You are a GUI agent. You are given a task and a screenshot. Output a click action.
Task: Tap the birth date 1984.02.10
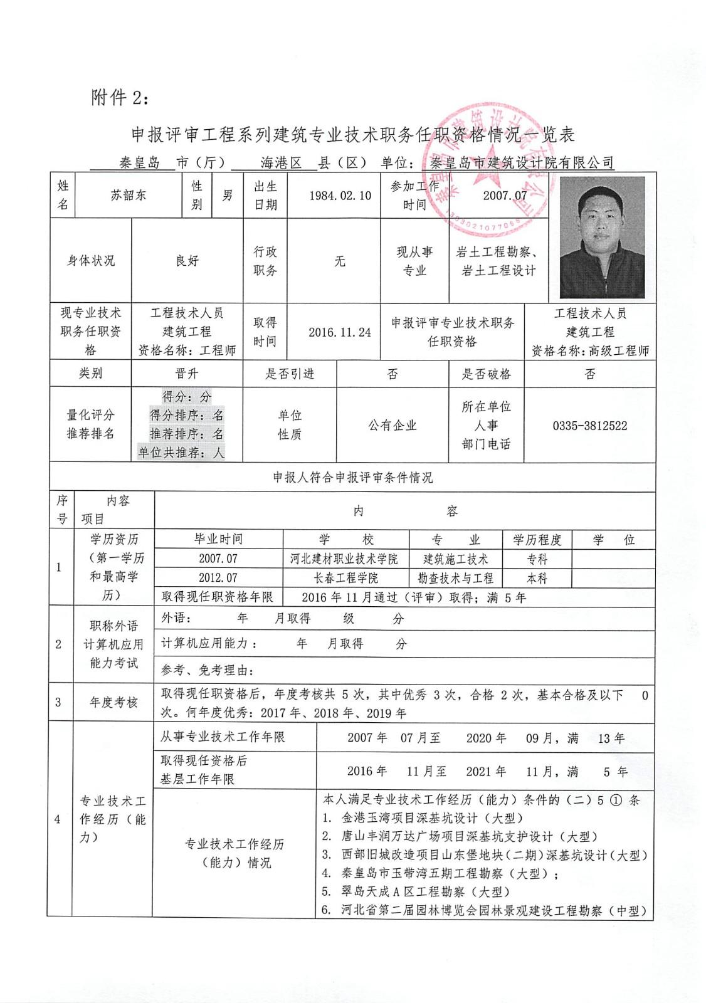click(x=340, y=195)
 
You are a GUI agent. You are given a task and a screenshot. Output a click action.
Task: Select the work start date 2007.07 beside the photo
click(x=505, y=195)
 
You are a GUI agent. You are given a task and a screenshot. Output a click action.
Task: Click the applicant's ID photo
click(x=602, y=237)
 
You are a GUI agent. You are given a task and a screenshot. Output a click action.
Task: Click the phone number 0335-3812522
click(x=589, y=426)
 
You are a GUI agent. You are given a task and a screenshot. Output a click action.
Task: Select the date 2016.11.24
click(x=340, y=332)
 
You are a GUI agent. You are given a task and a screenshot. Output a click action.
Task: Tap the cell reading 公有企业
click(x=393, y=426)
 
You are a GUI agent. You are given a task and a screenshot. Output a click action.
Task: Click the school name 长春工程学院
click(x=345, y=578)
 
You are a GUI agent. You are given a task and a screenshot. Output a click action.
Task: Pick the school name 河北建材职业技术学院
click(x=344, y=559)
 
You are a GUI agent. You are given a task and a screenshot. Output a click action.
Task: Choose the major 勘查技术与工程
click(x=456, y=578)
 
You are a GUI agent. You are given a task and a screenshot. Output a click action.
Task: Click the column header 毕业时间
click(x=218, y=539)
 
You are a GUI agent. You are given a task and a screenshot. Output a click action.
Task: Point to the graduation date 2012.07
click(x=218, y=578)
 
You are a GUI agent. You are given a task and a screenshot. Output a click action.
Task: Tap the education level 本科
click(x=537, y=578)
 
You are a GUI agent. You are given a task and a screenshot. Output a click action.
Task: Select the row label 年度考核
click(x=113, y=703)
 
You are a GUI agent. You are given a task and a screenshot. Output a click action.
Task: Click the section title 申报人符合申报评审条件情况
click(x=352, y=478)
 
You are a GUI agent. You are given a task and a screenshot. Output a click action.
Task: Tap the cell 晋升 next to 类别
click(x=187, y=374)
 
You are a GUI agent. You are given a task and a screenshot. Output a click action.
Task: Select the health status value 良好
click(x=187, y=261)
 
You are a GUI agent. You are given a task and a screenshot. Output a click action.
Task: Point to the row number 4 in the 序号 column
click(x=58, y=819)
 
